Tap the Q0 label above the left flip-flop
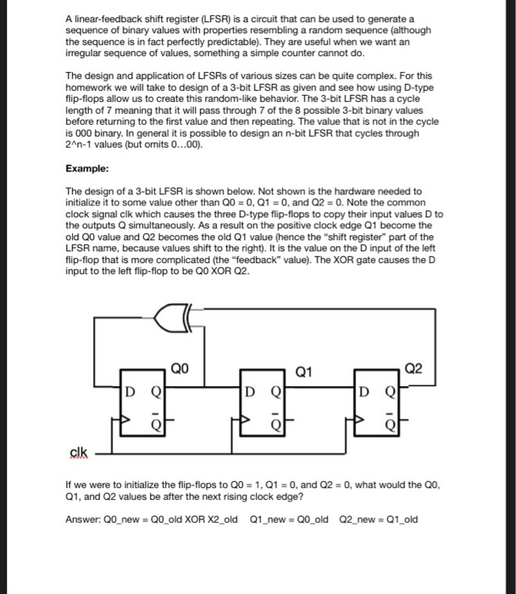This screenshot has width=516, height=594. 179,368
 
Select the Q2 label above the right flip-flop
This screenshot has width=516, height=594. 414,368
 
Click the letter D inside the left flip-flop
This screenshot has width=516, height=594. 130,394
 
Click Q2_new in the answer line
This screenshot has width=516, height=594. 359,519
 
